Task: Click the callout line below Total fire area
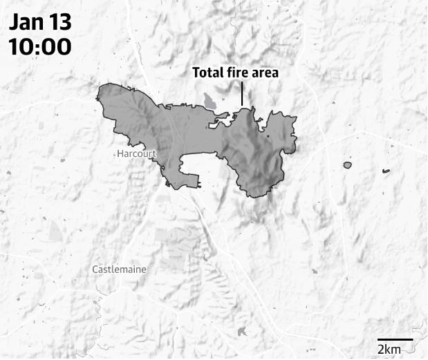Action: (x=242, y=93)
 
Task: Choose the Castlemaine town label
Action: (x=119, y=268)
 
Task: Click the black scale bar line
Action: (x=396, y=339)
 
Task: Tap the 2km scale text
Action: (x=389, y=350)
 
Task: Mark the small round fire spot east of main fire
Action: (x=347, y=165)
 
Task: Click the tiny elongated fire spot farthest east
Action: (x=385, y=170)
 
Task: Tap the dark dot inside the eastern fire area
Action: (x=268, y=137)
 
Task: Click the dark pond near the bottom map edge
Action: (x=241, y=332)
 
